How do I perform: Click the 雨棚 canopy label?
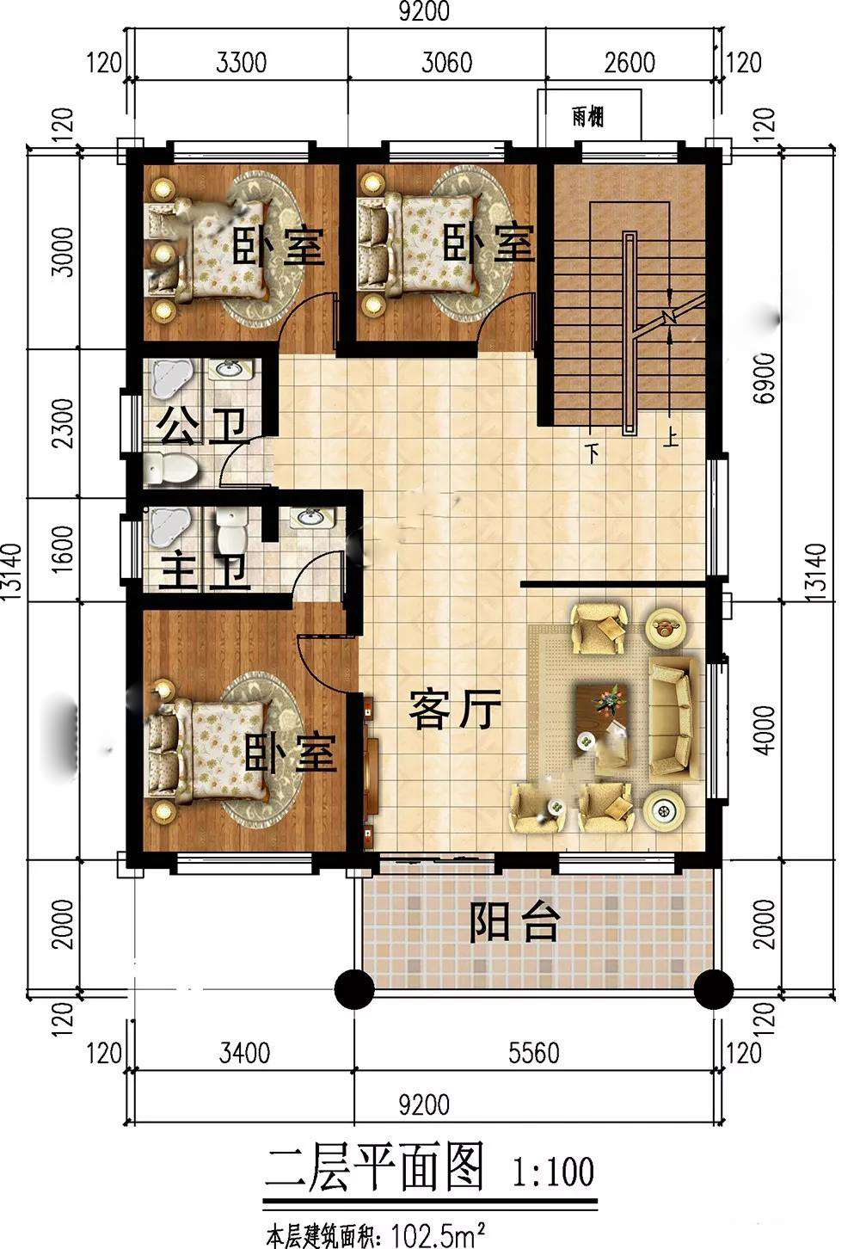pyautogui.click(x=588, y=116)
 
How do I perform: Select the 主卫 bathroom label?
pyautogui.click(x=204, y=571)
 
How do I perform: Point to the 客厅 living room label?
pyautogui.click(x=455, y=710)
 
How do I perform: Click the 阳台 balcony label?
pyautogui.click(x=514, y=921)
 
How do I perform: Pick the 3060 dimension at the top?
pyautogui.click(x=447, y=63)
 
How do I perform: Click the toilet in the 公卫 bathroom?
pyautogui.click(x=170, y=468)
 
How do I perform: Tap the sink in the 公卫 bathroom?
pyautogui.click(x=230, y=368)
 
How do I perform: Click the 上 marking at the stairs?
pyautogui.click(x=671, y=438)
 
